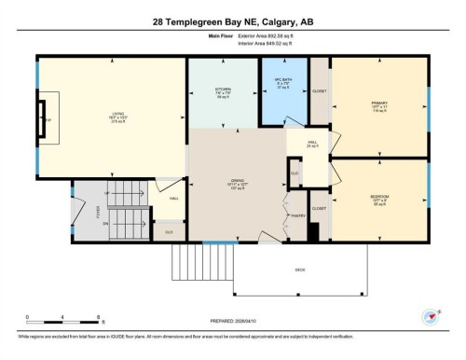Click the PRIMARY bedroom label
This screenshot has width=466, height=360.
coord(378,103)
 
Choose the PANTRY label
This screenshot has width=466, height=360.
coord(298,215)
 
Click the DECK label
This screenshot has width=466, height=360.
coord(299,269)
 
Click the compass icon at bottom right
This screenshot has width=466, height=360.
coord(431,317)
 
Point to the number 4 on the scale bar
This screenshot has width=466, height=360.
coord(61,318)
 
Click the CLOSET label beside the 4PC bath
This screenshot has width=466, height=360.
coord(320,91)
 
